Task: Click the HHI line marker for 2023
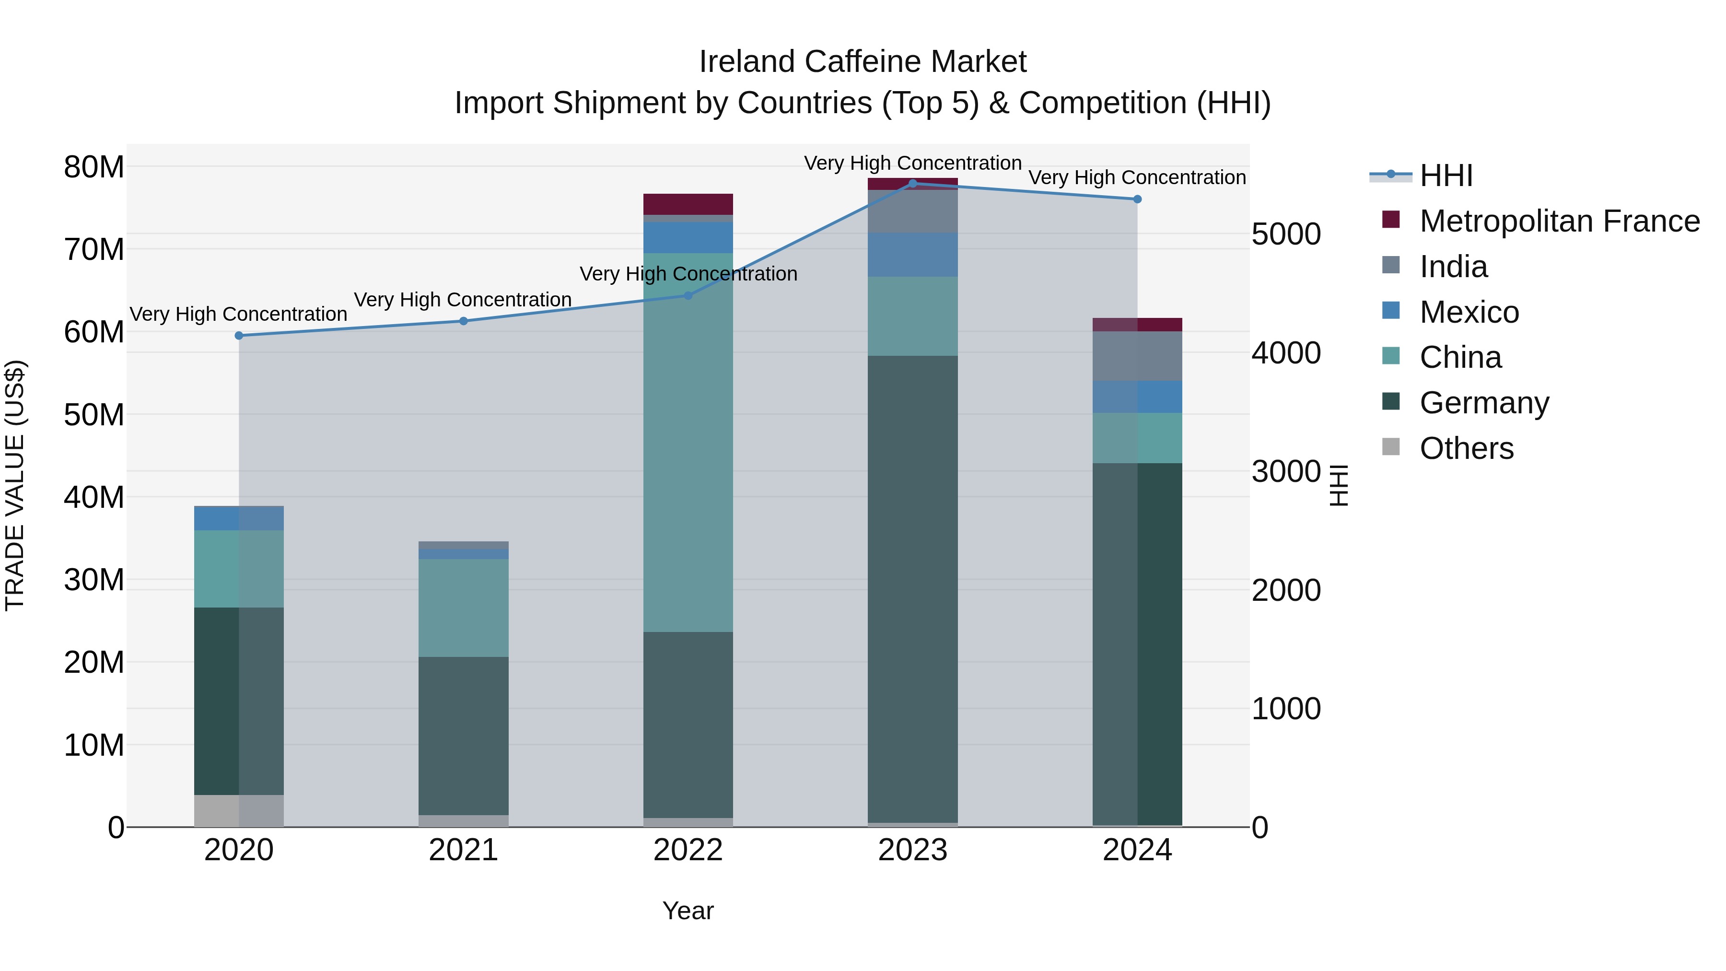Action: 912,184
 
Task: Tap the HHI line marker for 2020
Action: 239,336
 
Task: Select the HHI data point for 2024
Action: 1137,199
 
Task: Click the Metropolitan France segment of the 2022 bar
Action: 688,204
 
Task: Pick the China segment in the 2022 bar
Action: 688,442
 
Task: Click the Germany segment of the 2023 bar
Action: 912,590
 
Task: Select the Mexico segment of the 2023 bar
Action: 912,255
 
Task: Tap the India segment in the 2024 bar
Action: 1137,356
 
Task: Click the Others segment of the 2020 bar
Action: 239,811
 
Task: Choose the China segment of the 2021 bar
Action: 464,608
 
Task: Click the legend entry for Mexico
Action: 1469,312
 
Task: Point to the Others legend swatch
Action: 1391,447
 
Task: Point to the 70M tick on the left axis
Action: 94,250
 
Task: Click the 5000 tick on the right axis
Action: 1286,234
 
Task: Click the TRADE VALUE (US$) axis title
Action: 15,486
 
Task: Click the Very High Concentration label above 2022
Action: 688,274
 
